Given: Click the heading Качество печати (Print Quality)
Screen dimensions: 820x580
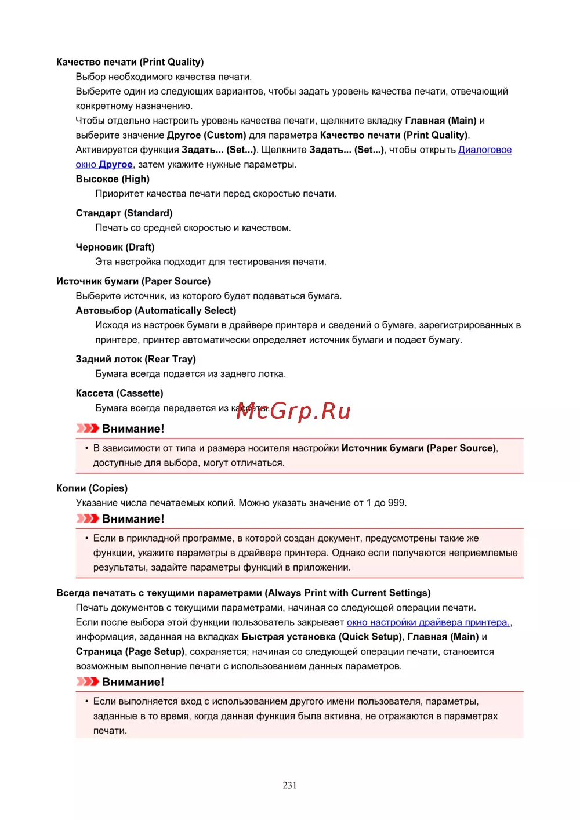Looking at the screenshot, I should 130,62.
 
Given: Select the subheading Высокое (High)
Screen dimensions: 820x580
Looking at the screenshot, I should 113,179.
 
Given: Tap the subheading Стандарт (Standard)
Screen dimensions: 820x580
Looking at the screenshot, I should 124,213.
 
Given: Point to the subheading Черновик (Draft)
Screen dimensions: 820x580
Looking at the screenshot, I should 115,247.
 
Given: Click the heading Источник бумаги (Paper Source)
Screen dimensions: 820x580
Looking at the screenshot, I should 133,281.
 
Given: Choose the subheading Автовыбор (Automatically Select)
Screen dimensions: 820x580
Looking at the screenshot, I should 156,311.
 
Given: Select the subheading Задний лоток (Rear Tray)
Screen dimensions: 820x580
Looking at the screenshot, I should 136,360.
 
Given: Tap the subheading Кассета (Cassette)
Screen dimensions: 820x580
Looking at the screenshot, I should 119,393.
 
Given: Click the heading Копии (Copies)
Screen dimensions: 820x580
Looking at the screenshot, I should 92,488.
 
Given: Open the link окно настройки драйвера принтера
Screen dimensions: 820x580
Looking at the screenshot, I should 428,622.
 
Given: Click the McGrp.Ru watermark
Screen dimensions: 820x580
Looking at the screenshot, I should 293,411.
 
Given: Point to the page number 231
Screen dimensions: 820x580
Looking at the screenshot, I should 289,785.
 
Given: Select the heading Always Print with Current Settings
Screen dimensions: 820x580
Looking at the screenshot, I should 244,593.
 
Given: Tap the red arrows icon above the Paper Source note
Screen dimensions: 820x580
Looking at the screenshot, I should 88,429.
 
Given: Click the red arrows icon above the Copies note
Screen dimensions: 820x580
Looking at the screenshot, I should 88,518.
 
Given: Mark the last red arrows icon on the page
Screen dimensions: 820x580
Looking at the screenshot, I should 88,682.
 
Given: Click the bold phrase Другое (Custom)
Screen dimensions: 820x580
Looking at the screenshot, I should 206,135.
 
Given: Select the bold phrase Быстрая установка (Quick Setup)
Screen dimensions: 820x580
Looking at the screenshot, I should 321,637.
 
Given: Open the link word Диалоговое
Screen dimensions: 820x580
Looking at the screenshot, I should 485,150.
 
